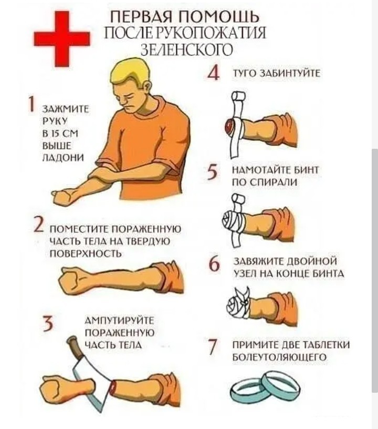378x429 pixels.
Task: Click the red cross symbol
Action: (62, 38)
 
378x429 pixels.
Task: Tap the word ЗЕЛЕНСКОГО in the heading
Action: (187, 49)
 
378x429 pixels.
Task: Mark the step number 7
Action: (213, 347)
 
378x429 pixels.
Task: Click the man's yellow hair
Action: (131, 73)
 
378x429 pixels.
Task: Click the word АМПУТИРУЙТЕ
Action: (120, 320)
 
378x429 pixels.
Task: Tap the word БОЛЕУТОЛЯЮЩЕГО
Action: (279, 357)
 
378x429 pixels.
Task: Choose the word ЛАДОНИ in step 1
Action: (63, 158)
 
